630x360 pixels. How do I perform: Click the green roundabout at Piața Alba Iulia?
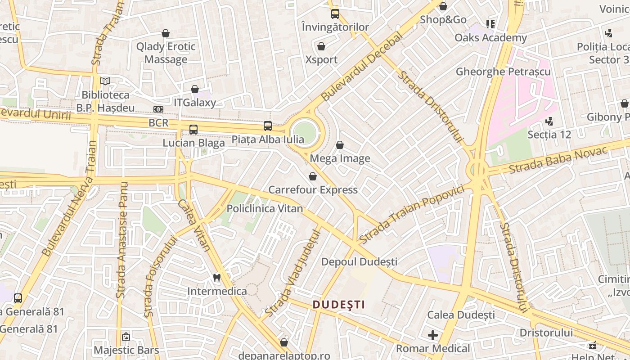pyautogui.click(x=305, y=132)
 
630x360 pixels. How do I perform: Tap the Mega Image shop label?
pyautogui.click(x=340, y=158)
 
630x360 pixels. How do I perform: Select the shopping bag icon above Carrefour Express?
pyautogui.click(x=313, y=176)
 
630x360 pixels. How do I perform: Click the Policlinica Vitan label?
pyautogui.click(x=265, y=209)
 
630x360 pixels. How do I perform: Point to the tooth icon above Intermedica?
pyautogui.click(x=216, y=278)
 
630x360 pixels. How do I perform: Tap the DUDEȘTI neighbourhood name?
pyautogui.click(x=339, y=305)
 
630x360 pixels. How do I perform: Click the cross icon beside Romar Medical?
pyautogui.click(x=433, y=335)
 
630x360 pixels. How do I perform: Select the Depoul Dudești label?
pyautogui.click(x=359, y=261)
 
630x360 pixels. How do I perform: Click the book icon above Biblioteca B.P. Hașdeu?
pyautogui.click(x=105, y=81)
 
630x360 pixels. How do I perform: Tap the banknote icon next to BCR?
pyautogui.click(x=158, y=109)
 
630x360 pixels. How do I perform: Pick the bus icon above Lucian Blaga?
pyautogui.click(x=193, y=130)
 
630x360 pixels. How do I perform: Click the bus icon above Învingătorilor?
pyautogui.click(x=335, y=13)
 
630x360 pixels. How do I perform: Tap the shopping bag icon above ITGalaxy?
pyautogui.click(x=195, y=90)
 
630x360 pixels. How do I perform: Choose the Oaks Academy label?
pyautogui.click(x=490, y=37)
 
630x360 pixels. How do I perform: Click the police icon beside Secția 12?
pyautogui.click(x=549, y=121)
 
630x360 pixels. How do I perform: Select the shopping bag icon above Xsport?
pyautogui.click(x=321, y=46)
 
